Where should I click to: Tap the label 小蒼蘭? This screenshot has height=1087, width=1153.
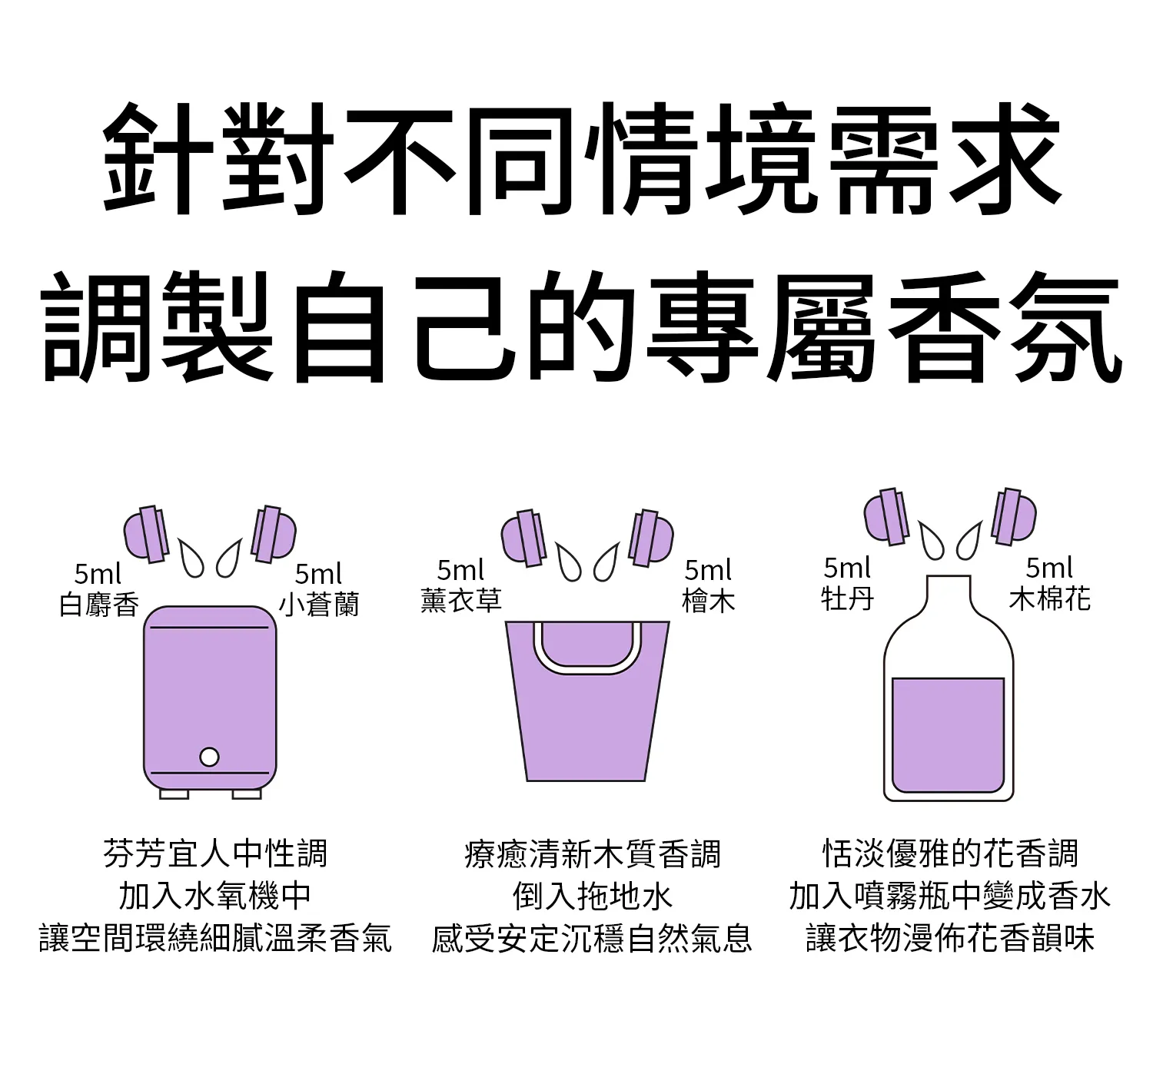click(319, 604)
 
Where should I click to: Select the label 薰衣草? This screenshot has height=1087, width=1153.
click(461, 600)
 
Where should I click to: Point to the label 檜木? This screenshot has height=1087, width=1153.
click(708, 601)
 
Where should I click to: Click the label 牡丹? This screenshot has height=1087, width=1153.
click(847, 598)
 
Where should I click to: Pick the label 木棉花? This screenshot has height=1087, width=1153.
click(1050, 598)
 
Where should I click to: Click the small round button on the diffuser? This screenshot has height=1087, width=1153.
click(209, 757)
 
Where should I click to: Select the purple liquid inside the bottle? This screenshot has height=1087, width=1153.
click(948, 734)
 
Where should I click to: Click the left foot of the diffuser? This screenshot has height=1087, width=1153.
click(174, 794)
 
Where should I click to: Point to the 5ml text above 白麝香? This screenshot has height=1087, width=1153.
click(98, 575)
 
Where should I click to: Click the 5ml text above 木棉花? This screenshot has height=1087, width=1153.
click(1049, 568)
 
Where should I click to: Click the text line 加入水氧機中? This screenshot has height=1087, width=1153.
click(215, 896)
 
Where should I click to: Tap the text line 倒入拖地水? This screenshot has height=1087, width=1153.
click(592, 896)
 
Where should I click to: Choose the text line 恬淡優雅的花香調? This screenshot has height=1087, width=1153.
click(950, 853)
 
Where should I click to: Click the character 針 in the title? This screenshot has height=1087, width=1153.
click(158, 158)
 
